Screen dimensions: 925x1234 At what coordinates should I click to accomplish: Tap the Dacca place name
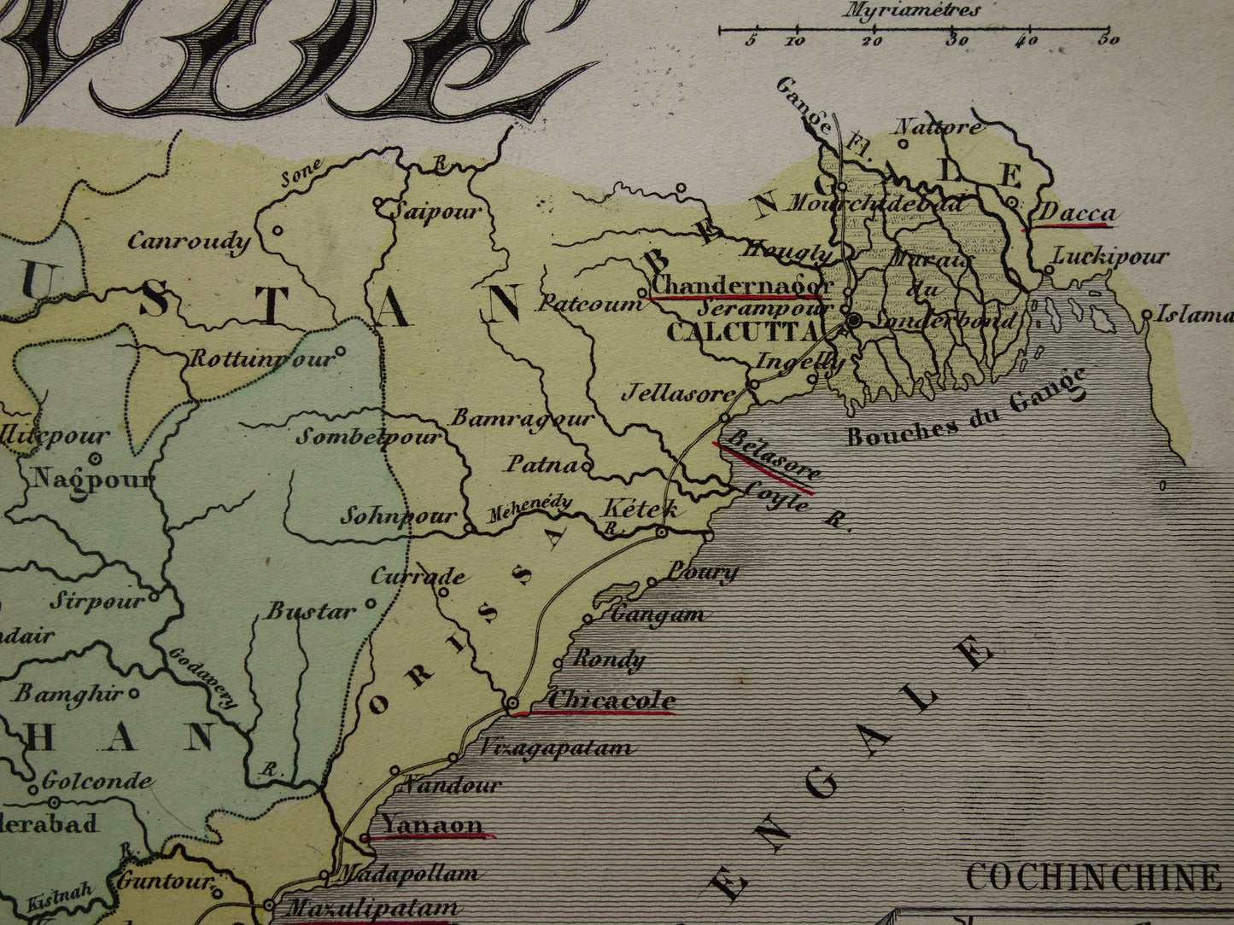coord(1075,213)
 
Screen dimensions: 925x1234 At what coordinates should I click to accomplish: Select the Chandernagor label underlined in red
coord(740,284)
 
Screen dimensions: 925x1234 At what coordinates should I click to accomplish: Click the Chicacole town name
coord(611,700)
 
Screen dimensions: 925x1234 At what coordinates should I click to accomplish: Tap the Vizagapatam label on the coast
coord(556,748)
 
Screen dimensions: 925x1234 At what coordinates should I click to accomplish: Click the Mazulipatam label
coord(371,908)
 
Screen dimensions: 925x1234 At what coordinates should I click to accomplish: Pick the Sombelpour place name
coord(368,437)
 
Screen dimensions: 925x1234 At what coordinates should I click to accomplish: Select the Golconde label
coord(96,780)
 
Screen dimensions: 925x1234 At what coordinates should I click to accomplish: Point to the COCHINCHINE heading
coord(1094,876)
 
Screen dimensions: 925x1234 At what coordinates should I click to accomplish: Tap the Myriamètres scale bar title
coord(911,11)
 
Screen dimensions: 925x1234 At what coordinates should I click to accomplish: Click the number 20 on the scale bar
coord(872,40)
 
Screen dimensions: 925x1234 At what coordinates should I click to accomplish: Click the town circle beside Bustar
coord(371,603)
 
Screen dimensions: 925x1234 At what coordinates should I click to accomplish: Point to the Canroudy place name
coord(189,241)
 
